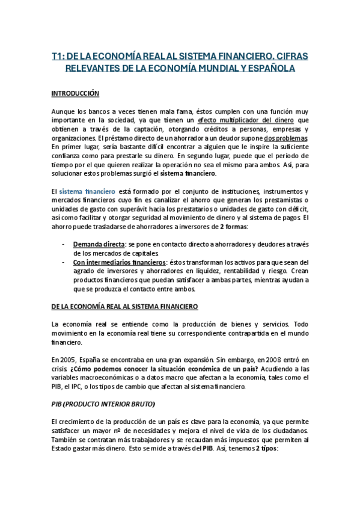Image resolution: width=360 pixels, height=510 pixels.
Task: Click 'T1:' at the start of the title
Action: click(x=58, y=56)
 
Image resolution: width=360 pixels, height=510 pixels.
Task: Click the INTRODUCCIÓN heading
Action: click(x=75, y=94)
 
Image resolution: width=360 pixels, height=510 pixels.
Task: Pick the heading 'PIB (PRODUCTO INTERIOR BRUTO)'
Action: click(x=103, y=402)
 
